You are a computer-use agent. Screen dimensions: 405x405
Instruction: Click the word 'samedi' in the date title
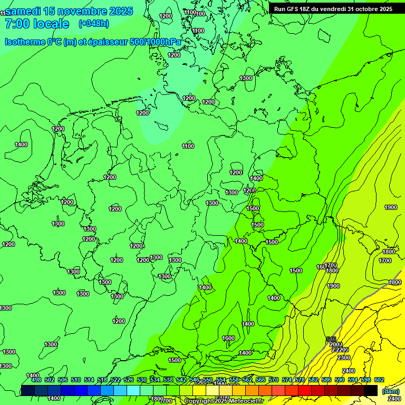pyautogui.click(x=24, y=11)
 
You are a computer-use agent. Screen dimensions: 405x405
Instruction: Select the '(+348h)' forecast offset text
pyautogui.click(x=93, y=24)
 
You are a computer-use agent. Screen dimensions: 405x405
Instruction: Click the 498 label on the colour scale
pyautogui.click(x=36, y=380)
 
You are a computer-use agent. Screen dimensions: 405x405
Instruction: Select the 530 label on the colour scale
pyautogui.click(x=142, y=380)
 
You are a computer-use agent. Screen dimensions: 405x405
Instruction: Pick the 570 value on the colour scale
pyautogui.click(x=273, y=380)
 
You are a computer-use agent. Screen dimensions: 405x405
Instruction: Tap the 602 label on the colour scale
pyautogui.click(x=379, y=380)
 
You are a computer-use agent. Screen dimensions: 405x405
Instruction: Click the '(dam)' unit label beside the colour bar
pyautogui.click(x=390, y=391)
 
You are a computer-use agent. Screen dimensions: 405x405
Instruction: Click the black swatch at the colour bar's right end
pyautogui.click(x=371, y=390)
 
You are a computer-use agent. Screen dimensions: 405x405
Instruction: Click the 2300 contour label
pyautogui.click(x=343, y=358)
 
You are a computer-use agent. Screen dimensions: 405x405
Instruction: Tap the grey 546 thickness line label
pyautogui.click(x=331, y=339)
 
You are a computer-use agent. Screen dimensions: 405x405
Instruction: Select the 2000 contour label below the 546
pyautogui.click(x=335, y=344)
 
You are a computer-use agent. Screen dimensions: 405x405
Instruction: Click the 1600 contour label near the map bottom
pyautogui.click(x=228, y=338)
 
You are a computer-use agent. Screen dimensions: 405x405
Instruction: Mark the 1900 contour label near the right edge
pyautogui.click(x=391, y=207)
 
